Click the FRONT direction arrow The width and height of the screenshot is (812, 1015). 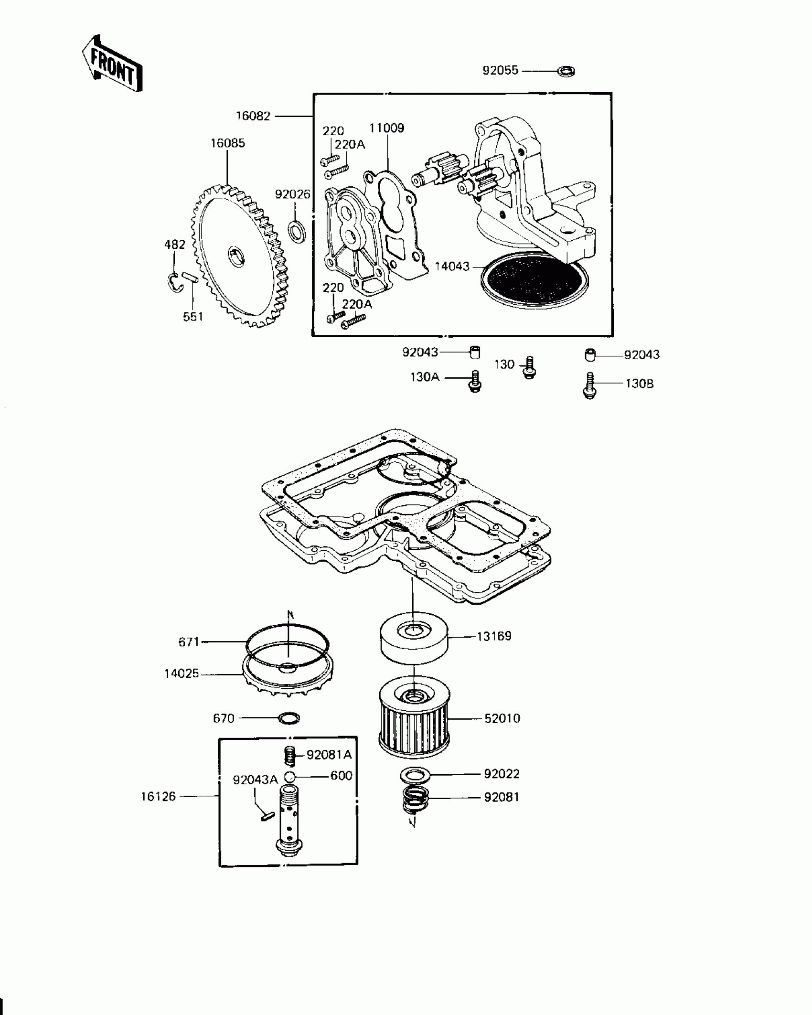[x=111, y=64]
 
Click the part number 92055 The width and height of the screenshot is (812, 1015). [x=500, y=71]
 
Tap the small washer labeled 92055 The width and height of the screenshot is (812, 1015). [x=566, y=72]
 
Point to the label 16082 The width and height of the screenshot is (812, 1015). [x=253, y=116]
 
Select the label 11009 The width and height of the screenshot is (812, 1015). [x=386, y=128]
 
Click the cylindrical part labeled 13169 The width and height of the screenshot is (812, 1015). [x=414, y=638]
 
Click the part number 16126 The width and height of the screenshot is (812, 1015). [x=158, y=796]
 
